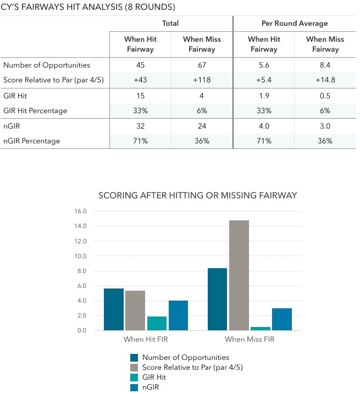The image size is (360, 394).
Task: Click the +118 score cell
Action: (x=202, y=80)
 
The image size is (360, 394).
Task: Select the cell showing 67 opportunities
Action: (x=202, y=65)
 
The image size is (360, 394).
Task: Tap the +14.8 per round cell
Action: (x=325, y=80)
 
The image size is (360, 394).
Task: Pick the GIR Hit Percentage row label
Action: (x=35, y=111)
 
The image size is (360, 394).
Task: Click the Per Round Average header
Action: (x=295, y=24)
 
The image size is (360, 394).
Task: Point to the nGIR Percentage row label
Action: (x=32, y=141)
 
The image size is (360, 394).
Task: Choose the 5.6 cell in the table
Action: (x=264, y=65)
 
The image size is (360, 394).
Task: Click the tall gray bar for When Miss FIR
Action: (x=239, y=275)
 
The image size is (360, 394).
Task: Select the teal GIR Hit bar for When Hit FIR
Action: (x=157, y=324)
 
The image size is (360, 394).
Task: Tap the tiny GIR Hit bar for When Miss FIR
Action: (x=261, y=329)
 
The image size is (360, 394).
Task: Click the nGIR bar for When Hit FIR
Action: (x=178, y=315)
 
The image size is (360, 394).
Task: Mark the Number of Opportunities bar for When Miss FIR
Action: (x=218, y=299)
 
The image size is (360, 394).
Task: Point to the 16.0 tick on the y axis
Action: (x=80, y=211)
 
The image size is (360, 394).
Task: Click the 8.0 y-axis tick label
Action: (x=82, y=271)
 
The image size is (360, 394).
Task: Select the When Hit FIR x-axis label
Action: (x=146, y=339)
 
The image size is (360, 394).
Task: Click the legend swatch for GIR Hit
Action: (x=134, y=378)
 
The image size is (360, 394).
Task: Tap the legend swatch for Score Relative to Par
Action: (x=134, y=368)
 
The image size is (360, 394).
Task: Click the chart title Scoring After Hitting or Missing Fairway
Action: (x=198, y=196)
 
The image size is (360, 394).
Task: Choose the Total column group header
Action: (x=170, y=24)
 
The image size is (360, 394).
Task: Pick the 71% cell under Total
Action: (x=140, y=141)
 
